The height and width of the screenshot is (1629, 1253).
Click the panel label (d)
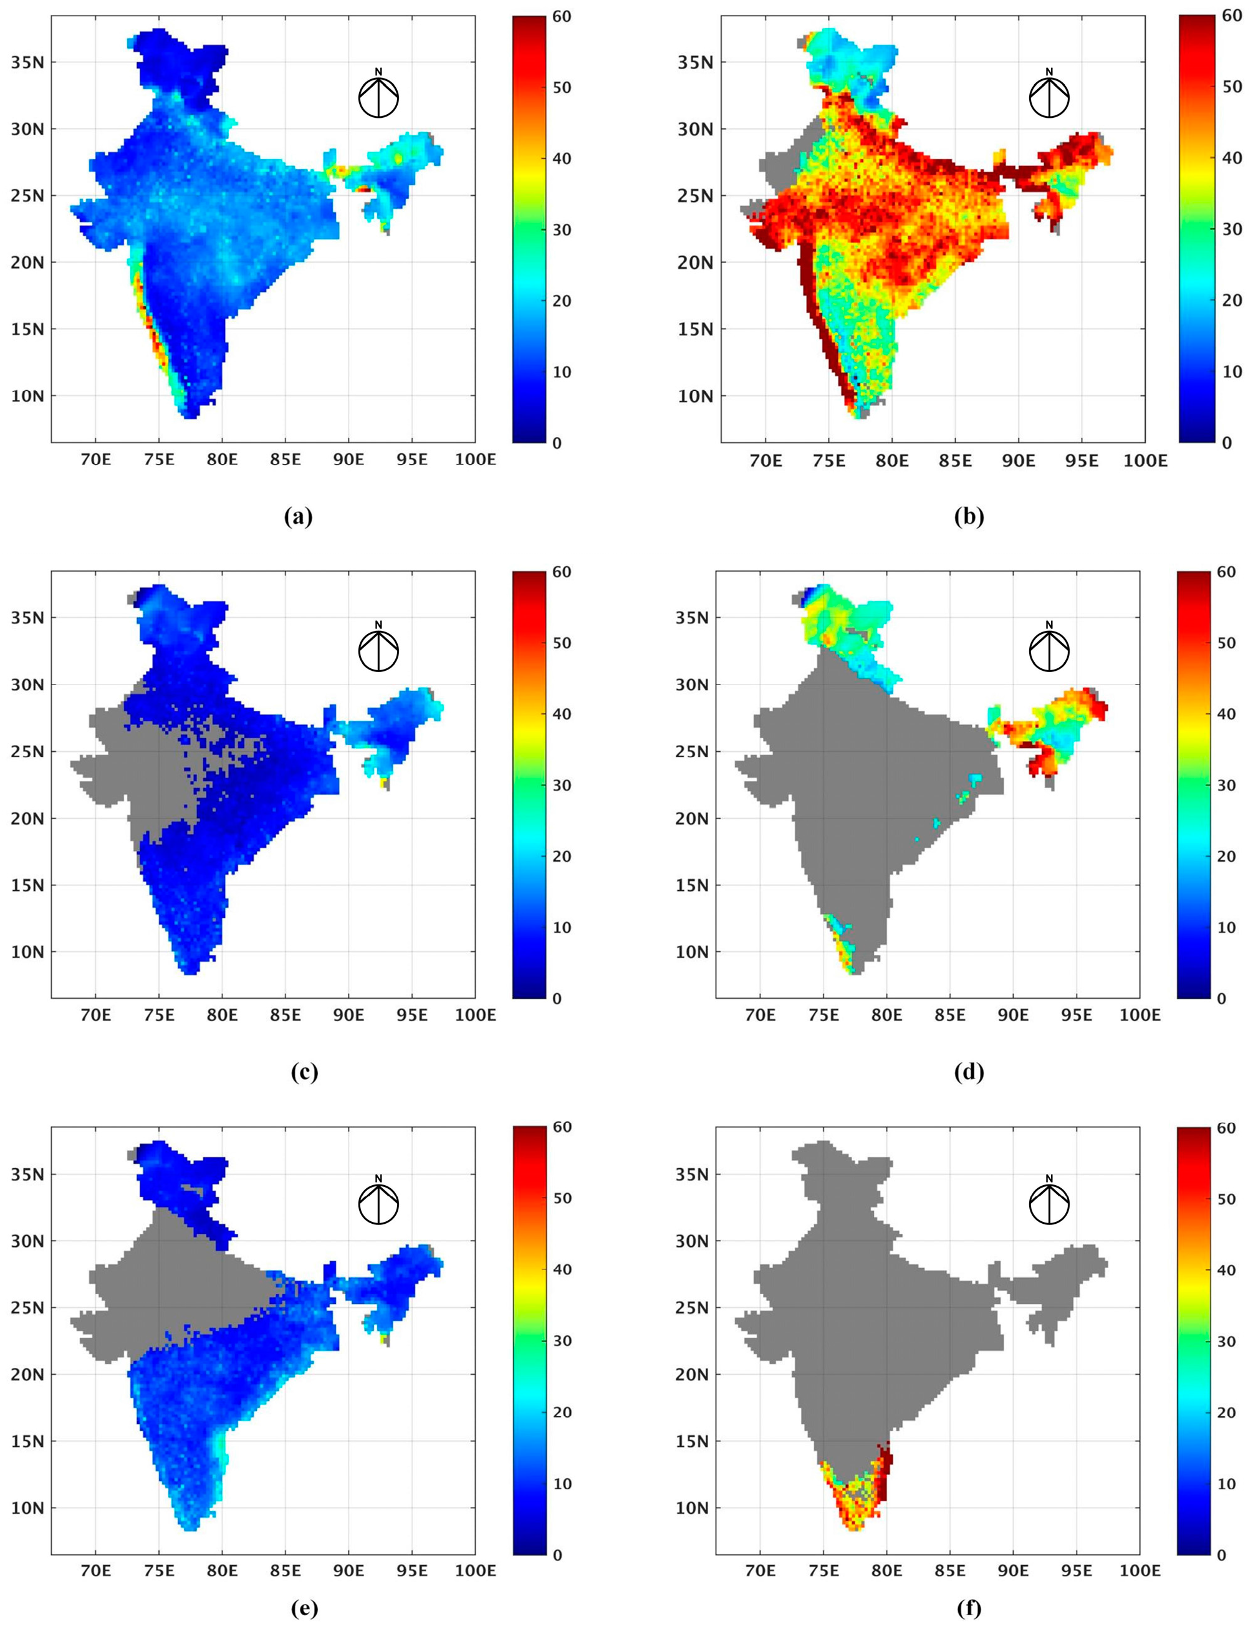[x=969, y=1072]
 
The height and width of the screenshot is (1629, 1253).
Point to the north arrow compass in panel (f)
[x=1049, y=1203]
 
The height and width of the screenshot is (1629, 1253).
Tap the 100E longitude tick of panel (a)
[x=475, y=460]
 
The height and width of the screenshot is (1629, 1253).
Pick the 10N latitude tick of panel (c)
[x=27, y=952]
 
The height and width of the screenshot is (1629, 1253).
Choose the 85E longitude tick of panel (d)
[x=950, y=1015]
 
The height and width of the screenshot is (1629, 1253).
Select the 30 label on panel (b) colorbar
[x=1232, y=229]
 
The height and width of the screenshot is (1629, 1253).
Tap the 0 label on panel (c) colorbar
[x=557, y=999]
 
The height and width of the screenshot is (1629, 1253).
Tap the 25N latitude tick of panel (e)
[x=27, y=1307]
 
